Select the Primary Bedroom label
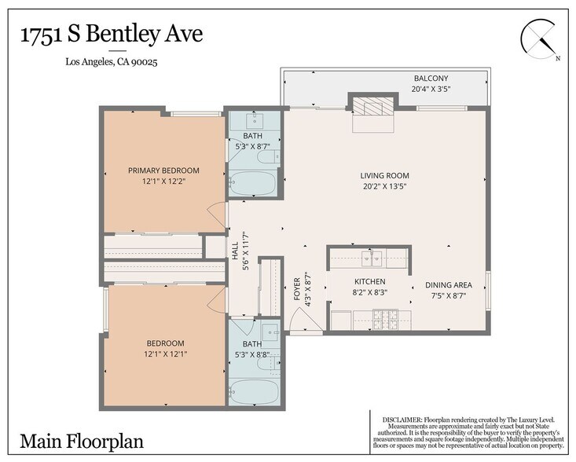[x=163, y=170]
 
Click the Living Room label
[x=384, y=175]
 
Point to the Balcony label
[x=431, y=79]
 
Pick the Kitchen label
[x=369, y=281]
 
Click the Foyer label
[x=297, y=288]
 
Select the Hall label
[x=234, y=250]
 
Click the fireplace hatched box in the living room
[x=372, y=107]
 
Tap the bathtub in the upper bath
[x=252, y=184]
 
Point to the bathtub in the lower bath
[x=252, y=390]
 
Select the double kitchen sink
[x=372, y=256]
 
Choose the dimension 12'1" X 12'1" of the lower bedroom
[x=164, y=354]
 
